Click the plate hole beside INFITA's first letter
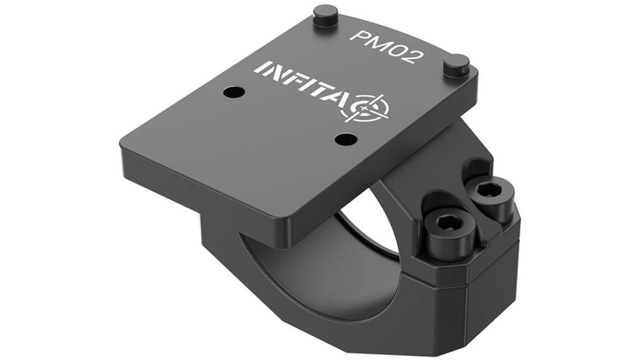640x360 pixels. (x=233, y=92)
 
